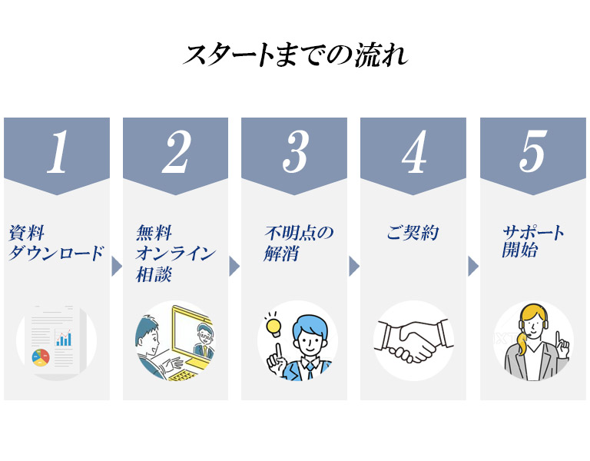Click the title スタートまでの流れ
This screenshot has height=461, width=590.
295,55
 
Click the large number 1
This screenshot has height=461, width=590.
58,152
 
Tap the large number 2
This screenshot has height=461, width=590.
177,152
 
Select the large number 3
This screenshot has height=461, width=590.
296,152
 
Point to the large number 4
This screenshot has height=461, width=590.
414,152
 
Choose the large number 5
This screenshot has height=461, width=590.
533,152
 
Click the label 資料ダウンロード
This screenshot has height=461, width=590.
55,243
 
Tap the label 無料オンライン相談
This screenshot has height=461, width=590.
175,254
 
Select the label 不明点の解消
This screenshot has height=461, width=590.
299,243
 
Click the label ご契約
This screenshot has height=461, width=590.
413,233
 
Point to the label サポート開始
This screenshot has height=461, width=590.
533,241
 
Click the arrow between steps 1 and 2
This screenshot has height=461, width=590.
117,267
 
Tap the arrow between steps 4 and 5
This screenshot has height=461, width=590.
473,267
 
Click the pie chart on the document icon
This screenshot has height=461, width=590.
41,357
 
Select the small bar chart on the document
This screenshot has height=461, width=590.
64,339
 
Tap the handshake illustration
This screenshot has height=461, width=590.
413,340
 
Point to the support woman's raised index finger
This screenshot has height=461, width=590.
559,338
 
